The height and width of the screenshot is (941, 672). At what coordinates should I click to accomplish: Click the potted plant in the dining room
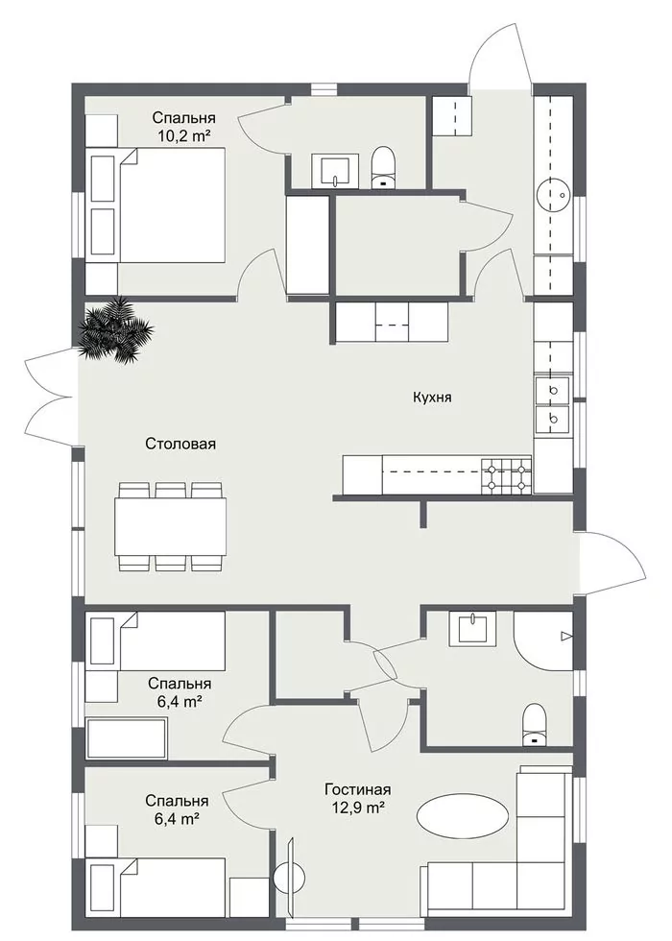116,329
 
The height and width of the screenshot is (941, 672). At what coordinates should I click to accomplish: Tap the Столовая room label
180,444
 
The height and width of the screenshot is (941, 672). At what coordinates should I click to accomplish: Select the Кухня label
432,397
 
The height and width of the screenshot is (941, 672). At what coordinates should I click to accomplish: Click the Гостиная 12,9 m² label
358,798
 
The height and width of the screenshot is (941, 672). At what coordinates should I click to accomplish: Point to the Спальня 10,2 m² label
183,126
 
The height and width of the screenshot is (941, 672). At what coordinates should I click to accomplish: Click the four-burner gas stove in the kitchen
507,476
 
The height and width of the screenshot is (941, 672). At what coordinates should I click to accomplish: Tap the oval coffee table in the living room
463,814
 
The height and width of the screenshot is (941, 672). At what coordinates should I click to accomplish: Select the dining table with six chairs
172,526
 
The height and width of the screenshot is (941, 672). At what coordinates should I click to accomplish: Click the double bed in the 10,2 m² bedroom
157,205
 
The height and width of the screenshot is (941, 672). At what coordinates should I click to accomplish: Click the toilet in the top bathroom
383,169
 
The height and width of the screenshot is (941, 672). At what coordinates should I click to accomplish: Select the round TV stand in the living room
291,878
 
